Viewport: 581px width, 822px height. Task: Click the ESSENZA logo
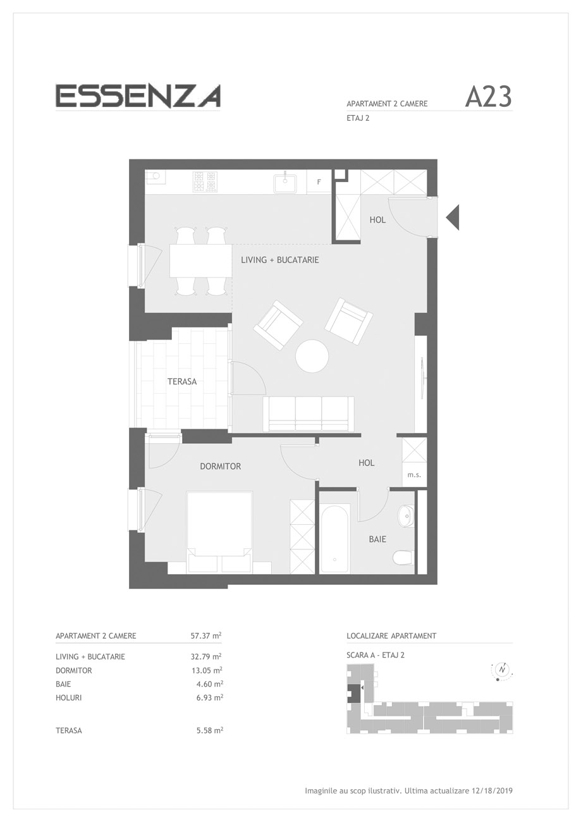[x=138, y=96]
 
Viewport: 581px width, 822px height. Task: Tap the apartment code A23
[x=488, y=97]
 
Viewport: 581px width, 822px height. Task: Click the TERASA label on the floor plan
[x=182, y=382]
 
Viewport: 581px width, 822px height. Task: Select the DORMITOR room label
[x=221, y=467]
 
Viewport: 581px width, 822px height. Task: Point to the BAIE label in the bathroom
[x=377, y=539]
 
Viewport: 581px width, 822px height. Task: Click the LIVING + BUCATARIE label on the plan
[x=280, y=260]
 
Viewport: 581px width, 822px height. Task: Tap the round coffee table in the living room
[x=312, y=357]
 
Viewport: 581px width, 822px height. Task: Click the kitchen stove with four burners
[x=205, y=181]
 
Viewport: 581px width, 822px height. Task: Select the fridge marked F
[x=319, y=181]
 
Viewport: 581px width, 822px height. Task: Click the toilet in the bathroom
[x=403, y=558]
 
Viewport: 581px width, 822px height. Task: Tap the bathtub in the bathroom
[x=334, y=539]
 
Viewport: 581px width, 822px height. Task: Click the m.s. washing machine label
[x=414, y=475]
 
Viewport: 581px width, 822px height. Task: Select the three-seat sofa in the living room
[x=309, y=414]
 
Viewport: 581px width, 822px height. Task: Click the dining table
[x=200, y=261]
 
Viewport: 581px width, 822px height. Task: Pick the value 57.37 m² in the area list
[x=205, y=635]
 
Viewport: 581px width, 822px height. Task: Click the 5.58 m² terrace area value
[x=210, y=730]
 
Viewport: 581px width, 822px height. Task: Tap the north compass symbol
[x=502, y=670]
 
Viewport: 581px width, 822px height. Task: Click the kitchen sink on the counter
[x=284, y=183]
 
